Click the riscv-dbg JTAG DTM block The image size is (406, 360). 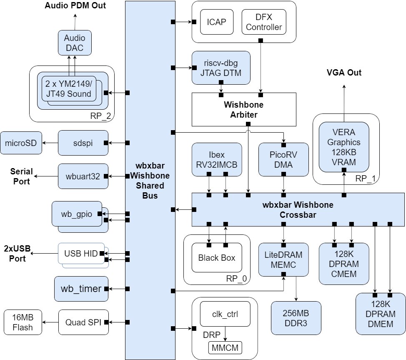pyautogui.click(x=221, y=68)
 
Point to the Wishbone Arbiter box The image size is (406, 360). pyautogui.click(x=243, y=109)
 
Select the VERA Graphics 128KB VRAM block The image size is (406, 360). pyautogui.click(x=344, y=146)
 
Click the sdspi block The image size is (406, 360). pyautogui.click(x=83, y=143)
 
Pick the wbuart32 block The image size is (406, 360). pyautogui.click(x=83, y=176)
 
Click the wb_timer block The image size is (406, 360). pyautogui.click(x=81, y=289)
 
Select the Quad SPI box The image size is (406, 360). pyautogui.click(x=83, y=322)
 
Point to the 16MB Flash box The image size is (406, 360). pyautogui.click(x=23, y=322)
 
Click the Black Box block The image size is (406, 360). pyautogui.click(x=216, y=258)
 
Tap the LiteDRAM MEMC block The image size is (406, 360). pyautogui.click(x=283, y=259)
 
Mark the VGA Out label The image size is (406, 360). pyautogui.click(x=343, y=73)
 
